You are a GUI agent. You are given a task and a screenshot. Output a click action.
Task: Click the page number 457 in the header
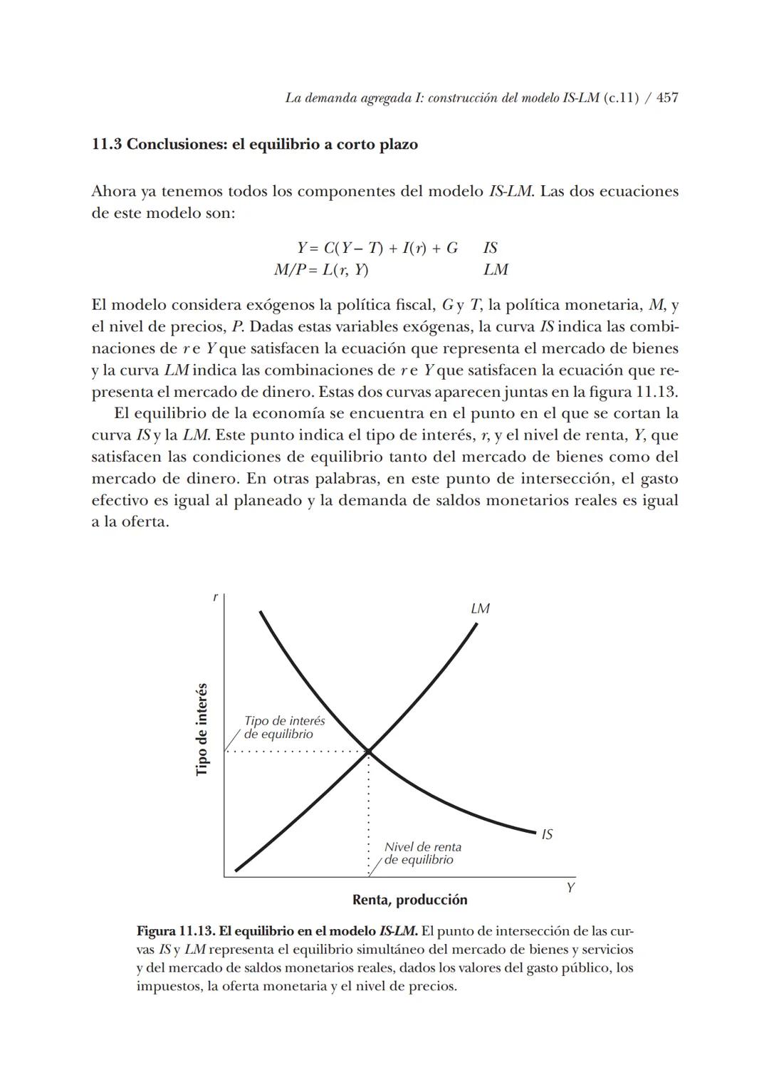tap(666, 98)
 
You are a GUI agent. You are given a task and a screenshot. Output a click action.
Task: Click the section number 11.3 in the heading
tap(107, 145)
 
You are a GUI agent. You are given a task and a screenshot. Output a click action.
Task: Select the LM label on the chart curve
tap(480, 608)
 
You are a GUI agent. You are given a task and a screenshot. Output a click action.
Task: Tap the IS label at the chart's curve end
tap(547, 834)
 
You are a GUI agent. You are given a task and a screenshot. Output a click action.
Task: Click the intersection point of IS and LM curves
tap(369, 751)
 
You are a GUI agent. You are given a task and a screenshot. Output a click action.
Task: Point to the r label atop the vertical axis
tap(215, 598)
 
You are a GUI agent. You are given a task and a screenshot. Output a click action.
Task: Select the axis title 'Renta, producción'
tap(409, 900)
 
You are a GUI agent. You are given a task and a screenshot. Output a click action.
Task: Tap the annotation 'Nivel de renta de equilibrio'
tap(422, 853)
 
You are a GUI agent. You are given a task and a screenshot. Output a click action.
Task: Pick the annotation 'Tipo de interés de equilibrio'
tap(284, 727)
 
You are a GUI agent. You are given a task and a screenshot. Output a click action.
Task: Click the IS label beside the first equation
tap(491, 248)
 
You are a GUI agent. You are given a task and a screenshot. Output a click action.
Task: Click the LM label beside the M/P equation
tap(496, 270)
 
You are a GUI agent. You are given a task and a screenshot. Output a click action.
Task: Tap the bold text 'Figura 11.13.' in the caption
tap(175, 931)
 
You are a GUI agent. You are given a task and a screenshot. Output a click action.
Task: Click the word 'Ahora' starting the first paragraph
tap(113, 192)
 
